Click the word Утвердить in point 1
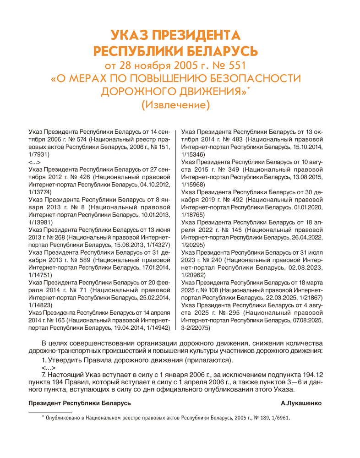[64, 360]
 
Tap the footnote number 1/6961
[280, 418]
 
